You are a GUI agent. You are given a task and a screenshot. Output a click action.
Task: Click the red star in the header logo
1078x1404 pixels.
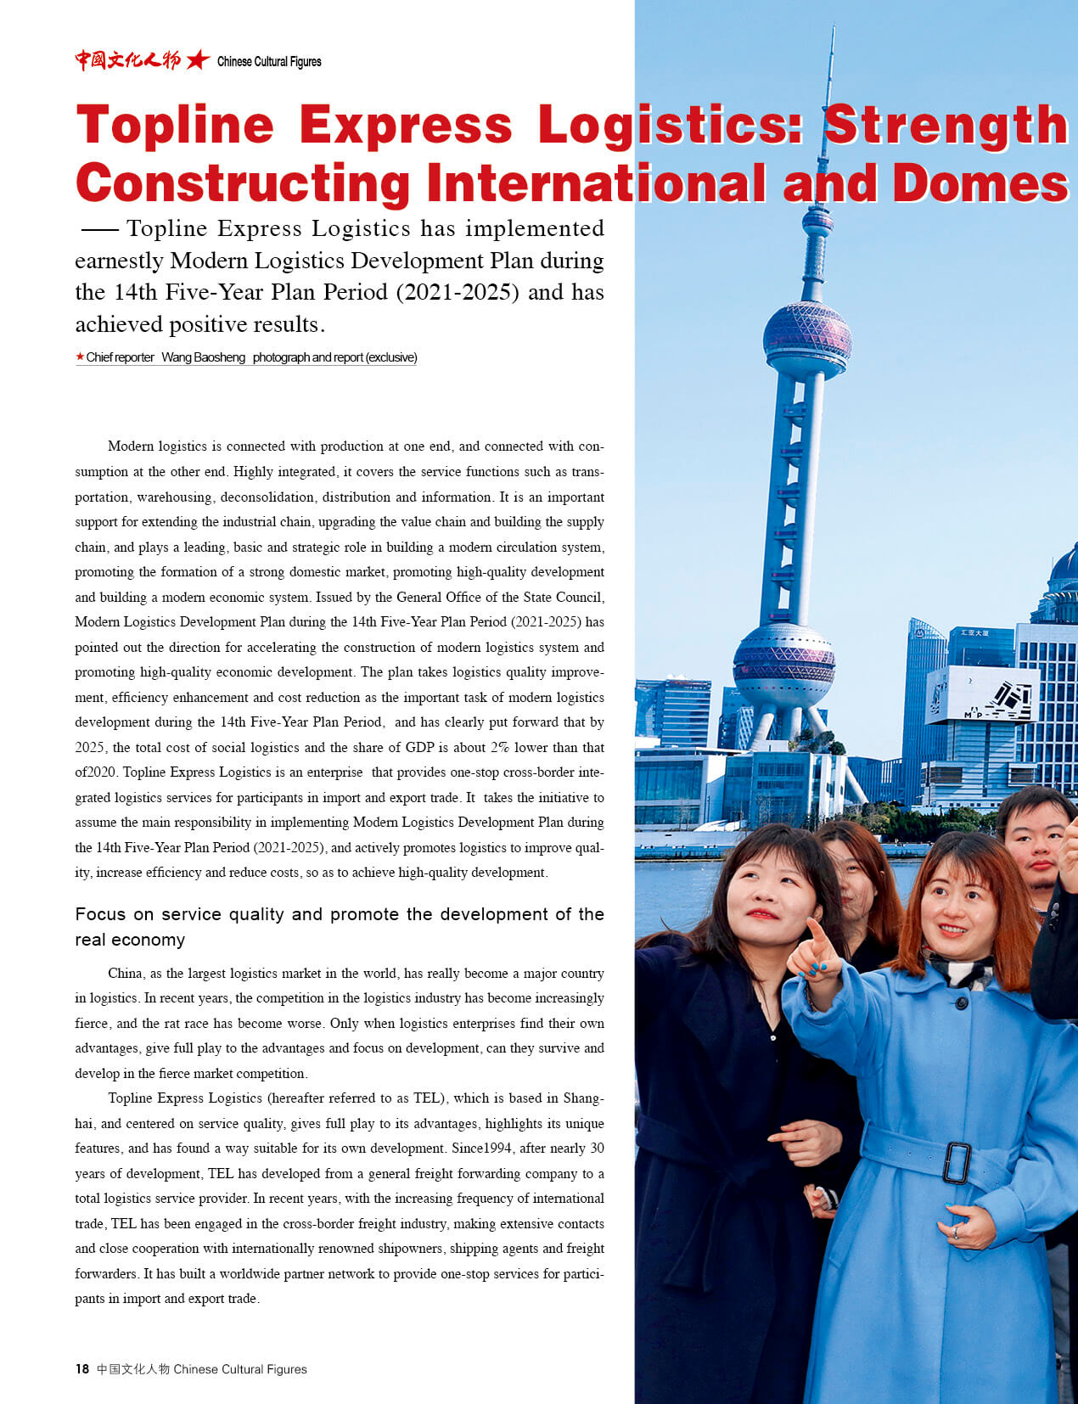[x=198, y=59]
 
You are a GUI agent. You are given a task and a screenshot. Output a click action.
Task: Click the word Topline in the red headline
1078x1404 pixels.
[x=175, y=125]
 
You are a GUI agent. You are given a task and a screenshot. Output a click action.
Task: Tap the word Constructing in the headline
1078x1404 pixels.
[x=243, y=183]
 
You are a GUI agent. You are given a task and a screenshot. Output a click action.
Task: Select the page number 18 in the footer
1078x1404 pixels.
[x=82, y=1368]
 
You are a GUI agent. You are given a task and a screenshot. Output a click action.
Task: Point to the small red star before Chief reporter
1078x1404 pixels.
[x=80, y=357]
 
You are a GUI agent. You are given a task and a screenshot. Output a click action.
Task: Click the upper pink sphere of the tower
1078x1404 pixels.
[x=806, y=334]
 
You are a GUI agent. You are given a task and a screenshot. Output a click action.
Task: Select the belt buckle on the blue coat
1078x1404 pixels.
[x=957, y=1162]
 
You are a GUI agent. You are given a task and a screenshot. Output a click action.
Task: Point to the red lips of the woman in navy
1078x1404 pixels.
[x=761, y=914]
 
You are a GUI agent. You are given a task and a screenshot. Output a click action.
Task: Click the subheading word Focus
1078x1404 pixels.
[x=100, y=914]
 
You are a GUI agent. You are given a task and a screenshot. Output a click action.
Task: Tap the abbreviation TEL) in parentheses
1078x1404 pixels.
[x=429, y=1098]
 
